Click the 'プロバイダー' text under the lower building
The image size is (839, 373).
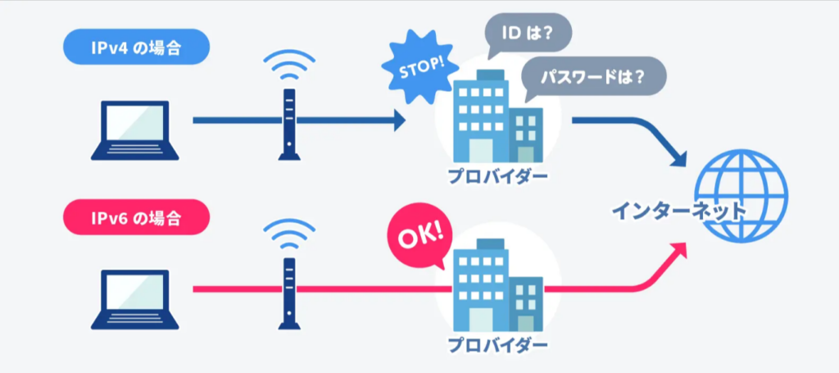(497, 344)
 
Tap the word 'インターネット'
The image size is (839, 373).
(679, 211)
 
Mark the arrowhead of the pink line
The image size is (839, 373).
(678, 249)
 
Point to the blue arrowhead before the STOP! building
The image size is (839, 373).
(398, 122)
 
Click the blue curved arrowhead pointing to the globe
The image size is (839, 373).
(677, 160)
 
